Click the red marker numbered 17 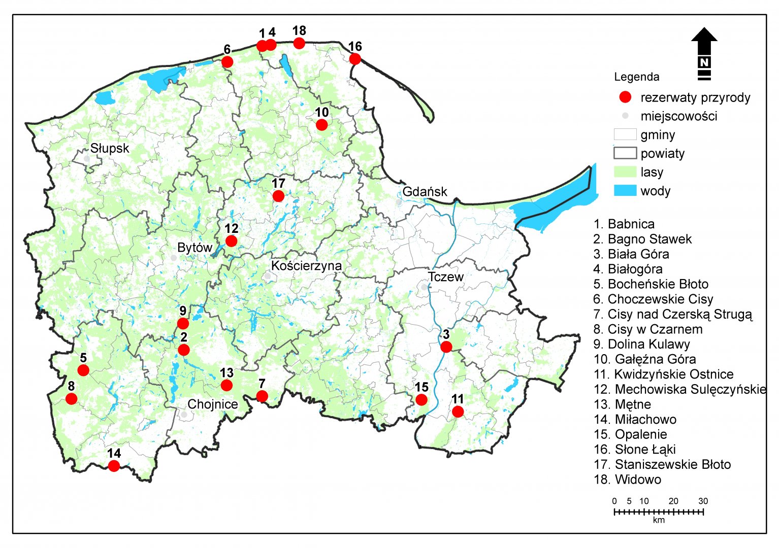click(x=278, y=196)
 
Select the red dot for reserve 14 click(x=114, y=466)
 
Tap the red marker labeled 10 click(x=321, y=125)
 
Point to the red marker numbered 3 click(x=446, y=347)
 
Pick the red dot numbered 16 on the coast click(x=355, y=59)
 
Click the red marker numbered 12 click(x=231, y=241)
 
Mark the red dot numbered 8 click(x=72, y=399)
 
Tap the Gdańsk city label click(x=425, y=192)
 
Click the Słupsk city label click(x=110, y=149)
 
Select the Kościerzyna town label click(x=306, y=266)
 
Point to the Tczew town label click(x=445, y=277)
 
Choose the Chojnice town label click(x=212, y=404)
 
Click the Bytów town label click(x=194, y=248)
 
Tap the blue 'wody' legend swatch click(x=625, y=191)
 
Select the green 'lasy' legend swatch click(x=625, y=172)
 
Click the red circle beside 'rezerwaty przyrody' click(x=626, y=97)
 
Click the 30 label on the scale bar click(x=703, y=501)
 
